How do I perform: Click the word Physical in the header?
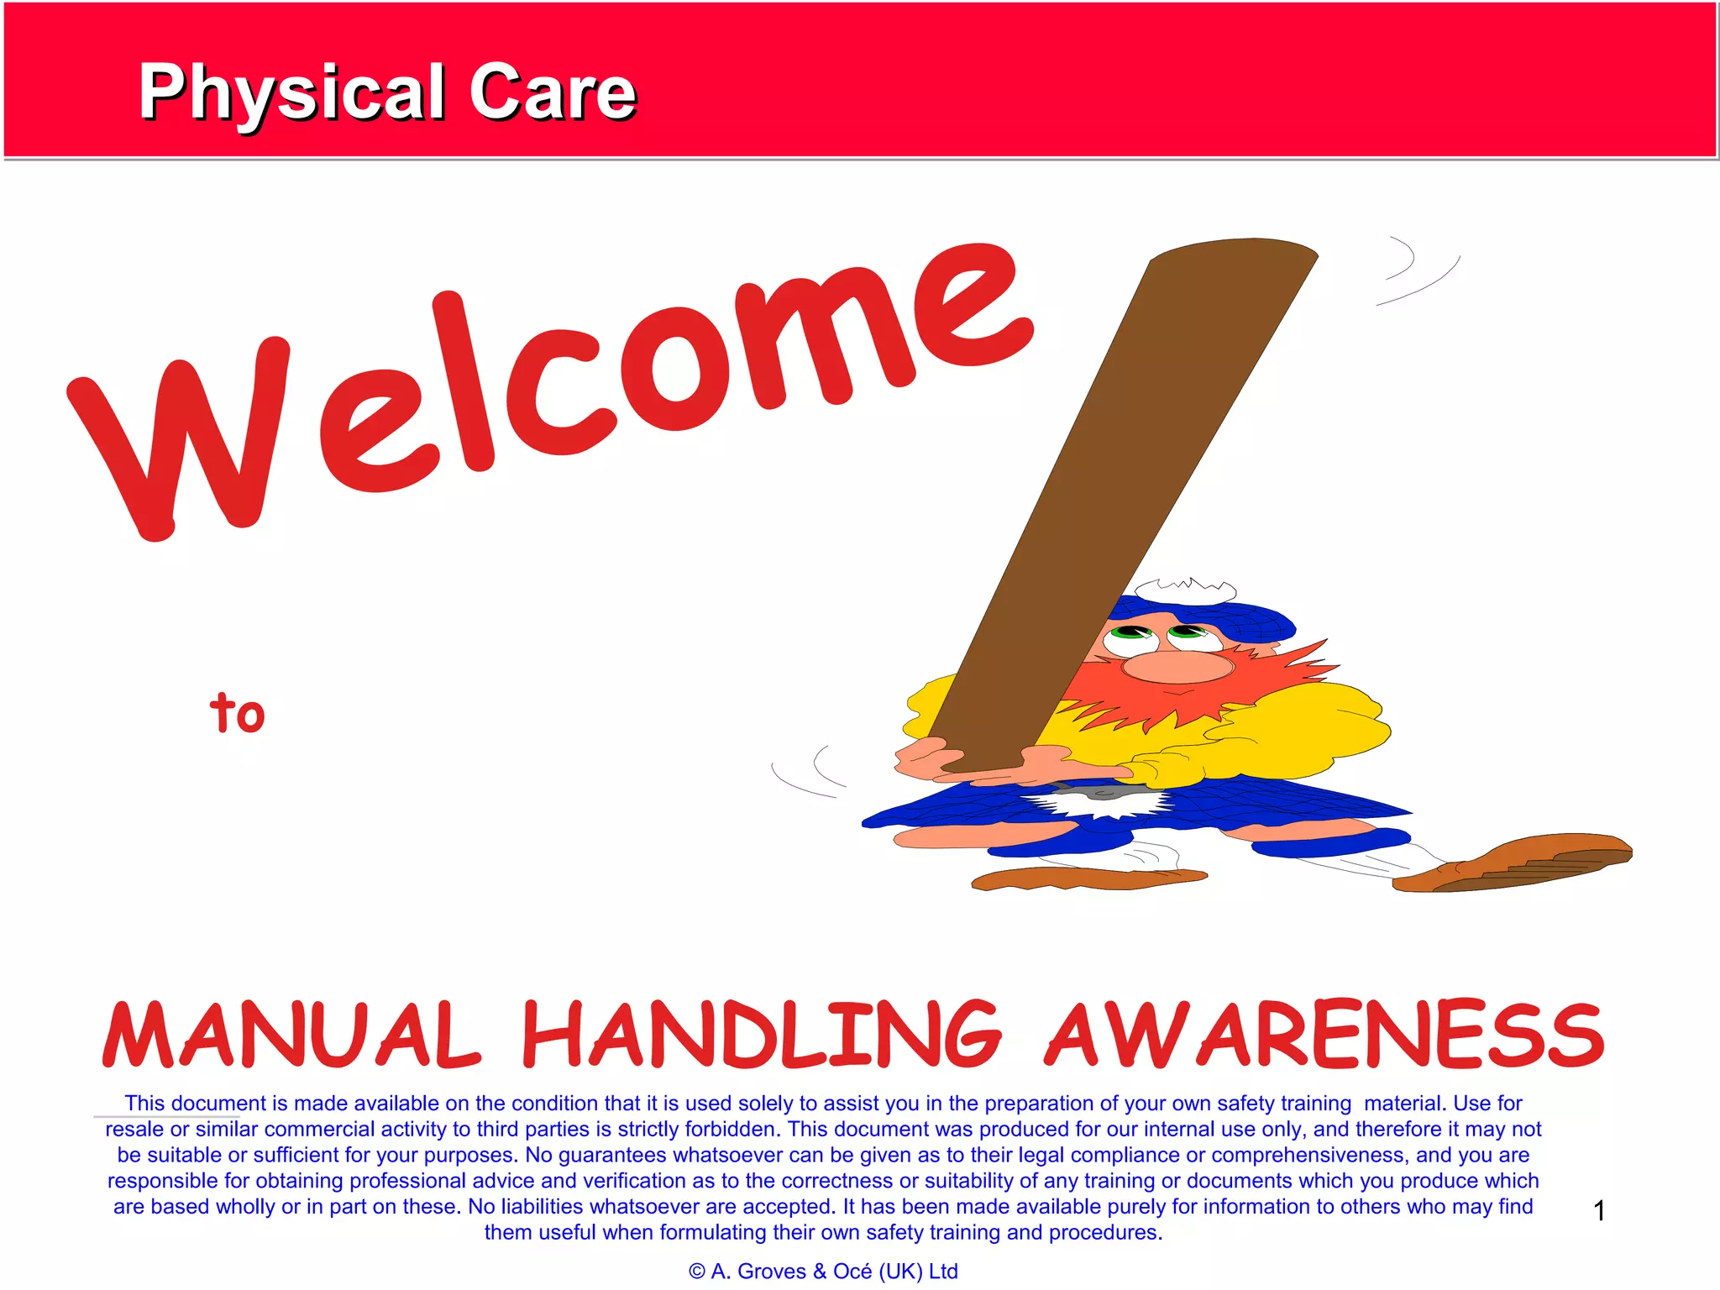(x=292, y=92)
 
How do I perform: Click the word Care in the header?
(x=552, y=92)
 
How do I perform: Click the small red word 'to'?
(x=237, y=713)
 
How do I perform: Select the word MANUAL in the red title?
(x=291, y=1035)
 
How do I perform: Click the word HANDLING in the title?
(x=761, y=1035)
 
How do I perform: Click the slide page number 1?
(x=1599, y=1210)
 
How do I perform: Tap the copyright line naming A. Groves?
(x=823, y=1272)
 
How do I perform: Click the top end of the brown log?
(x=1233, y=252)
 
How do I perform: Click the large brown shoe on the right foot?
(x=1520, y=862)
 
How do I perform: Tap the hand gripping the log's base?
(x=924, y=756)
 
